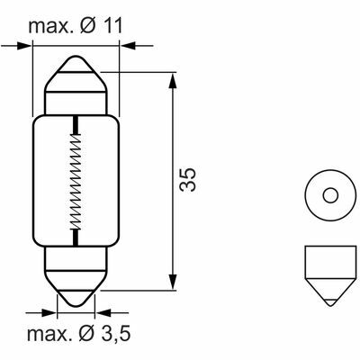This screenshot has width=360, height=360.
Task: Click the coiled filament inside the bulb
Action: pos(78,178)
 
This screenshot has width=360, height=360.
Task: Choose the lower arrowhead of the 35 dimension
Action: pos(172,284)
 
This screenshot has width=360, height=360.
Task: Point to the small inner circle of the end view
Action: pos(329,195)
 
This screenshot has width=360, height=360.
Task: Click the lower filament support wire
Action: pos(78,236)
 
